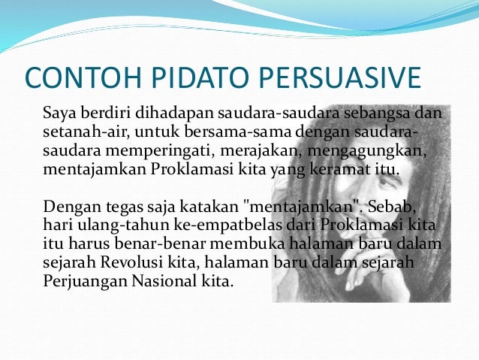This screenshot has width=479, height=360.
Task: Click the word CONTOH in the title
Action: (x=83, y=77)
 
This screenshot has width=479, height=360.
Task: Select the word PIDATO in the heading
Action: (x=200, y=77)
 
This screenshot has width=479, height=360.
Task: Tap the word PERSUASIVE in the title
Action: (x=340, y=77)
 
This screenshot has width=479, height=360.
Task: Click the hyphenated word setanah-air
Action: (x=86, y=132)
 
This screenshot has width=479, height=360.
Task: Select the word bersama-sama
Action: (x=238, y=132)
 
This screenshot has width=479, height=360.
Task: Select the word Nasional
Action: (x=164, y=281)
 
